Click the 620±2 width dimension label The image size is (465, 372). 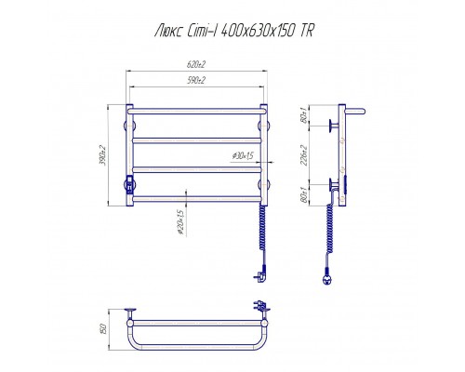tap(196, 64)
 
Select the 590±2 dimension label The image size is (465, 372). tap(196, 81)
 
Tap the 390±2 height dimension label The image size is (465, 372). tap(103, 155)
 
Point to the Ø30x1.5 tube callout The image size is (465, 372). tap(243, 155)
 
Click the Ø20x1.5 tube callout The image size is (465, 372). tap(180, 222)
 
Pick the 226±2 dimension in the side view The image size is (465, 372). tap(304, 155)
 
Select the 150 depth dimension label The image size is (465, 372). tap(104, 328)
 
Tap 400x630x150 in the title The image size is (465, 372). tap(257, 31)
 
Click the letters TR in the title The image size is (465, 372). tap(307, 31)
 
